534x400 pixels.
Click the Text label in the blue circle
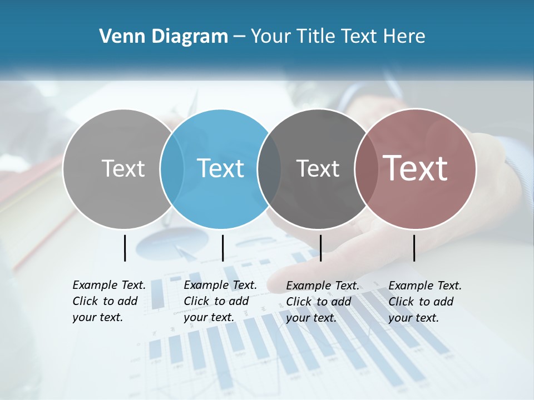221,168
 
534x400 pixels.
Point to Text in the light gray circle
123,168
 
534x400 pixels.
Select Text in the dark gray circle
318,168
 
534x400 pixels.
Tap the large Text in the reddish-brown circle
415,168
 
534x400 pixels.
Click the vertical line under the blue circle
222,248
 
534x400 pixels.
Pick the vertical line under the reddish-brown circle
414,248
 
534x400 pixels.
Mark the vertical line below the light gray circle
125,248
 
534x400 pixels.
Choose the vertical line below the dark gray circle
320,248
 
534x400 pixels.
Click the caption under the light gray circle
108,301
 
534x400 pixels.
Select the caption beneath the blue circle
220,301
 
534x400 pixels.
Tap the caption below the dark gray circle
322,302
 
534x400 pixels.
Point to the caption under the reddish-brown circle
424,302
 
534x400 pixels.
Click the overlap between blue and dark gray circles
269,169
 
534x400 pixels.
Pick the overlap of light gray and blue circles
172,169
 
